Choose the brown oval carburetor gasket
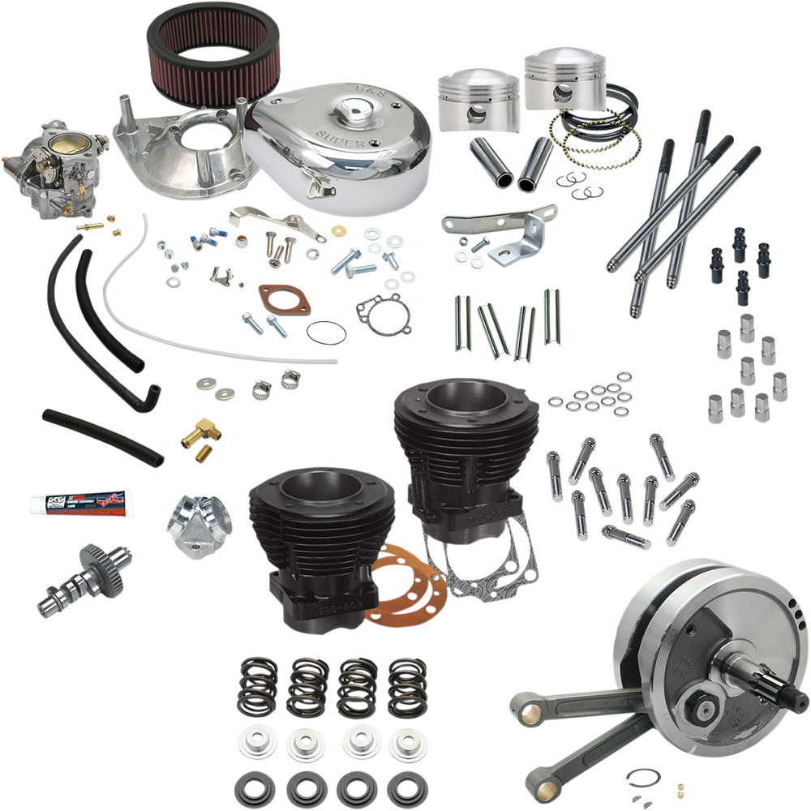point(285,299)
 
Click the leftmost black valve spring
point(258,685)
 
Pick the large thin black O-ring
point(325,333)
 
